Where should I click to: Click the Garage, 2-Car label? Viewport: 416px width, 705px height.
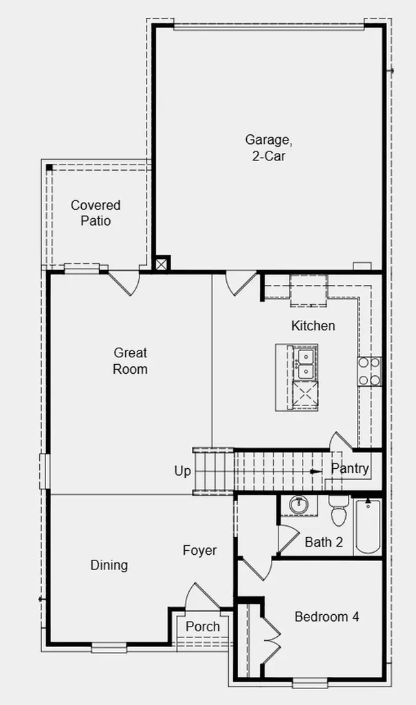point(269,147)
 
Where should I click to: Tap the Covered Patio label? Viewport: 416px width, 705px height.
point(96,213)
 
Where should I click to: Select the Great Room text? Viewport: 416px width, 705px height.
point(130,361)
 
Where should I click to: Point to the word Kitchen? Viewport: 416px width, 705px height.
point(313,326)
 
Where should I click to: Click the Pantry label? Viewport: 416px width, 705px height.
point(350,468)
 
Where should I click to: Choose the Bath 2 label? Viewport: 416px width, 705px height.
point(323,542)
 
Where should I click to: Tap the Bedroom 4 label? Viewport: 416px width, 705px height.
point(327,616)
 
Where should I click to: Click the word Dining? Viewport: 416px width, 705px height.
point(109,565)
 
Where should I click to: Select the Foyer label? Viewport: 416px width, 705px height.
point(199,551)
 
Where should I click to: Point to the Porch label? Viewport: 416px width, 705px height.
point(203,627)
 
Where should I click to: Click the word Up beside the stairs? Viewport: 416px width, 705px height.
point(182,471)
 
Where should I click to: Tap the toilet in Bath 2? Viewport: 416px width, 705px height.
point(339,511)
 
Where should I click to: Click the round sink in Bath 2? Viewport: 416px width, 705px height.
point(298,505)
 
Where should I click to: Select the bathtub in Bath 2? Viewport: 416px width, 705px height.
point(368,526)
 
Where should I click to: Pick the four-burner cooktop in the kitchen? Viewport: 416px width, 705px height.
point(369,371)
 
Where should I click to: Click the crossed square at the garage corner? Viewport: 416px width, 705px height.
point(162,264)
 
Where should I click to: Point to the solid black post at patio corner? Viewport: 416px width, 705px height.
point(49,168)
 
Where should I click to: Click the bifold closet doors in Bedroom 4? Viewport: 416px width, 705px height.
point(272,633)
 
